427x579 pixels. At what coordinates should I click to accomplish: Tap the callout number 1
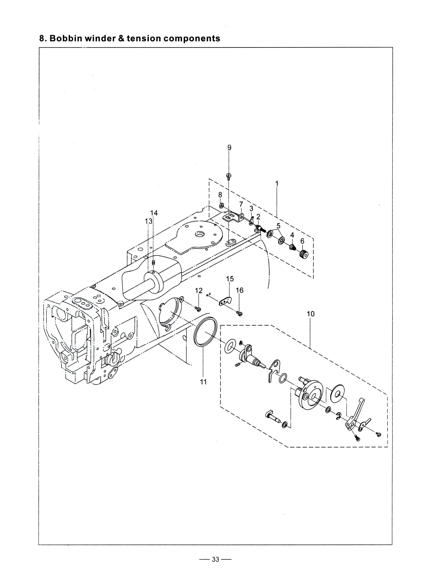[277, 184]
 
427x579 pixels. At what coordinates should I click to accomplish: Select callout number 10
[311, 314]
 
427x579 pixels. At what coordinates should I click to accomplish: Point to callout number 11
[203, 382]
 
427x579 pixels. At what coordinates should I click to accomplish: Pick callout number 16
[240, 290]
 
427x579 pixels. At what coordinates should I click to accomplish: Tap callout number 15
[230, 279]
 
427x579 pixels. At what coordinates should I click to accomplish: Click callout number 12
[199, 291]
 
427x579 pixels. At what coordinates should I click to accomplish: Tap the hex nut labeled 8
[221, 206]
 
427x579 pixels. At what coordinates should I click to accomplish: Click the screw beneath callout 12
[198, 308]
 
